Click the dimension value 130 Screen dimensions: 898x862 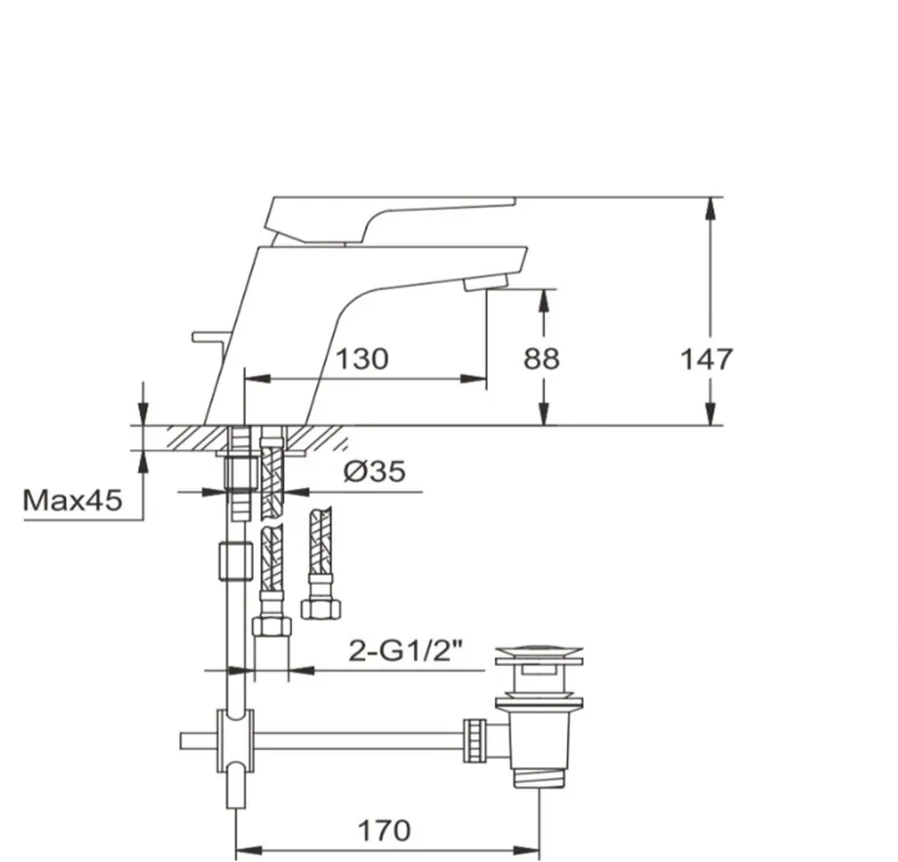361,359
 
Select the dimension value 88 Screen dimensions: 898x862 541,359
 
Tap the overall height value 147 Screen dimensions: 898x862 706,359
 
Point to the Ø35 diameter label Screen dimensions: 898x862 375,472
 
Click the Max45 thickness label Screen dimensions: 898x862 72,500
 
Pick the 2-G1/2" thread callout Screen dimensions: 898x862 406,651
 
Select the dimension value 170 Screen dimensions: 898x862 384,831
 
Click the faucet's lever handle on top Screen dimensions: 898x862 391,220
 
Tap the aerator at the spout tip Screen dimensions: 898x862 486,282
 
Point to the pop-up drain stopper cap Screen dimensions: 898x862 539,656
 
